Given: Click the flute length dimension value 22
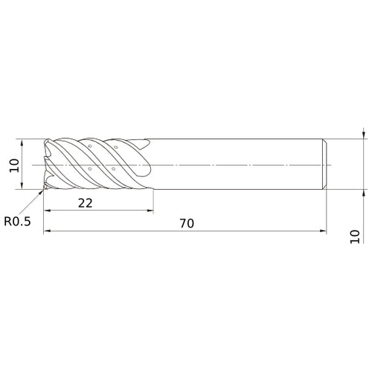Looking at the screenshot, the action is click(x=85, y=203).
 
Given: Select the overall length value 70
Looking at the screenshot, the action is click(x=187, y=223).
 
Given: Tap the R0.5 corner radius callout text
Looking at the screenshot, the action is click(x=17, y=221).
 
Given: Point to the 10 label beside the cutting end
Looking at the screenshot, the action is click(x=14, y=165).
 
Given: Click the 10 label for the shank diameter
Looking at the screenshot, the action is click(x=355, y=237).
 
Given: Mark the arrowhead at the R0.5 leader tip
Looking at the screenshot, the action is click(x=41, y=192).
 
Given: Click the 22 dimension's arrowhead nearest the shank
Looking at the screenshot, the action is click(x=150, y=211).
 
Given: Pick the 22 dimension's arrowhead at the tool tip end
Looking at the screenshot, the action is click(x=47, y=211).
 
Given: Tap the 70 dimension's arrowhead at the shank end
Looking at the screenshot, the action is click(x=323, y=231).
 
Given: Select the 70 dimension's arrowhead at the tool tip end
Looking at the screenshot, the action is click(x=47, y=231).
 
